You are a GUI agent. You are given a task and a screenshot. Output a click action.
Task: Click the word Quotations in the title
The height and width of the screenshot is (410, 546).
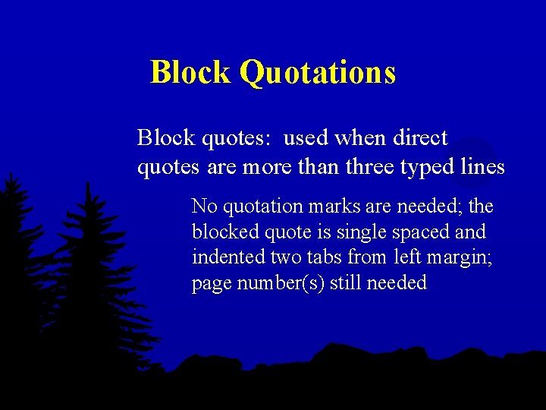click(x=318, y=73)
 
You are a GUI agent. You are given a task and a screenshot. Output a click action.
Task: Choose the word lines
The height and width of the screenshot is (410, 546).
click(x=483, y=167)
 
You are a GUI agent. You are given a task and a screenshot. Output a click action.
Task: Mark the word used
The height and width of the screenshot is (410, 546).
click(x=306, y=138)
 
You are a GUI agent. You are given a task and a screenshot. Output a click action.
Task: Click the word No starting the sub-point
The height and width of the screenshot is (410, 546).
click(x=204, y=206)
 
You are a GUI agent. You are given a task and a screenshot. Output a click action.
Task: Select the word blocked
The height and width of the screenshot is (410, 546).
click(x=221, y=232)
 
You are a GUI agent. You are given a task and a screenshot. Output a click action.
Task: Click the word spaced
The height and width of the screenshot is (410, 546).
click(x=418, y=232)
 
